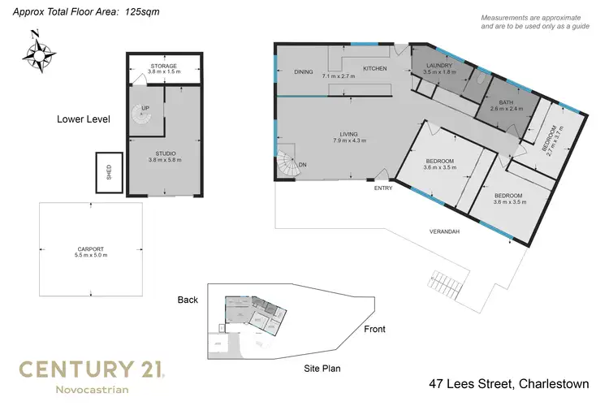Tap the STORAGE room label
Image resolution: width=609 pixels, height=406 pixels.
[x=163, y=66]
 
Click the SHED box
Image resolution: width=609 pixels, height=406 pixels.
[x=108, y=172]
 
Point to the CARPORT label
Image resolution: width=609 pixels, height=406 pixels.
[x=90, y=249]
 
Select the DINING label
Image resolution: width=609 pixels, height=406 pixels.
[x=304, y=71]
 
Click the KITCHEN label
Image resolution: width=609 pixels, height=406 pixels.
[x=374, y=68]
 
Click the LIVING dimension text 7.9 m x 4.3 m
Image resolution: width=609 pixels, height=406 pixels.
[x=349, y=140]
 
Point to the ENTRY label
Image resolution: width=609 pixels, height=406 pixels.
[x=383, y=188]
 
